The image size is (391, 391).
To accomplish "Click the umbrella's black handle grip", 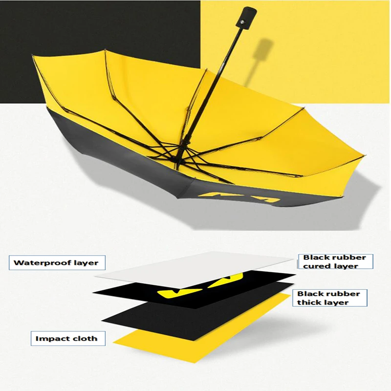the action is [x=246, y=18].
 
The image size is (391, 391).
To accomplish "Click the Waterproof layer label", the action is [x=57, y=262].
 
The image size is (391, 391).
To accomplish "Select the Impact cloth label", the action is [x=68, y=338].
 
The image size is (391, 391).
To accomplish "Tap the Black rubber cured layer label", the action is [x=335, y=261].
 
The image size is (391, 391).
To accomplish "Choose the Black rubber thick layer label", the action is [x=329, y=298].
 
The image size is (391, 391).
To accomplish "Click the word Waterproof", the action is [x=43, y=263].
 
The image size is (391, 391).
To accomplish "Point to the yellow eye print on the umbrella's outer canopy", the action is [x=240, y=197].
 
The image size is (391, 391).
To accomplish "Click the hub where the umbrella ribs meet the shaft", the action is [x=180, y=154].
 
